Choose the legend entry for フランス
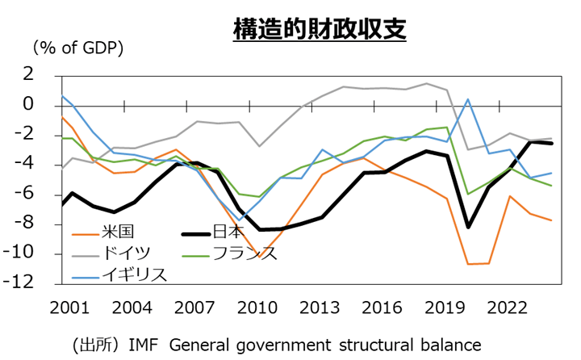(x=245, y=253)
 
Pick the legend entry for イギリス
(x=134, y=274)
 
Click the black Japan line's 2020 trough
(x=469, y=227)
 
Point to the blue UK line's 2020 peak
(x=468, y=99)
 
